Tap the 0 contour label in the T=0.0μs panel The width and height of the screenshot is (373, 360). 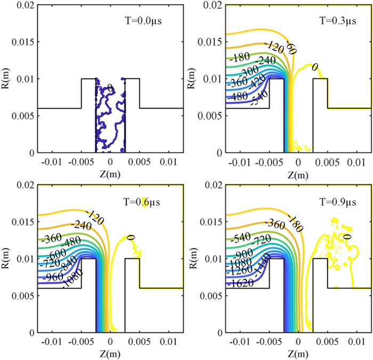tap(110, 88)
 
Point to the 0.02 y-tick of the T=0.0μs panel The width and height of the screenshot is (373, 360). tap(23, 5)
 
